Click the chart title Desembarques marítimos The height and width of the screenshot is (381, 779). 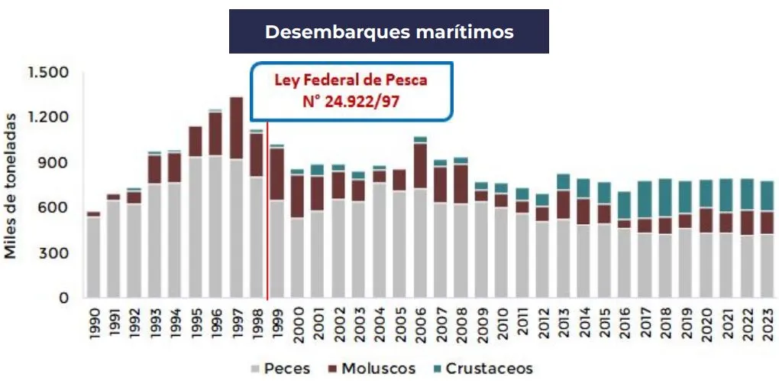(x=389, y=32)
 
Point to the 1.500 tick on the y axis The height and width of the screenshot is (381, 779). (x=48, y=73)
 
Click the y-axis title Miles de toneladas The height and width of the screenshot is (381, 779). (x=12, y=185)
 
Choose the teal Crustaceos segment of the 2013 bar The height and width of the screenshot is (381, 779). (x=563, y=182)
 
